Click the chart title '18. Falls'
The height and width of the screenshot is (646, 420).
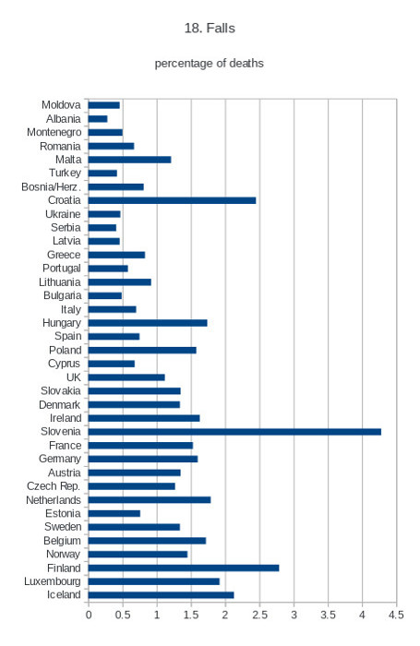(210, 28)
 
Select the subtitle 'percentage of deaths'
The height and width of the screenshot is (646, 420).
(209, 63)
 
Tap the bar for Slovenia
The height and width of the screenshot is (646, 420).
(234, 432)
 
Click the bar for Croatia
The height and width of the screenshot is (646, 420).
(172, 200)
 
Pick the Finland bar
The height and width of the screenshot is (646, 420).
(184, 568)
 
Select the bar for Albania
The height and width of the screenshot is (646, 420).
(98, 119)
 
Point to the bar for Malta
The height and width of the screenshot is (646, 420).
(129, 160)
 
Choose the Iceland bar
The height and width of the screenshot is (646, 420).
(162, 595)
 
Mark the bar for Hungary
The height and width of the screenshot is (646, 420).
(148, 323)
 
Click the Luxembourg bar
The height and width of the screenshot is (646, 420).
(154, 581)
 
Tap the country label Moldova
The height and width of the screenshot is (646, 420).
(61, 104)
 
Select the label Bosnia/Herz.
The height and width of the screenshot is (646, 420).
(51, 186)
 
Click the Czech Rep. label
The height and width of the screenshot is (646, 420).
(54, 486)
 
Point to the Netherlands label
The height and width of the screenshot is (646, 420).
(54, 500)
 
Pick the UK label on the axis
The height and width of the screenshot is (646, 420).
(74, 377)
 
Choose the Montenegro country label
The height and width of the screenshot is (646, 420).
(54, 132)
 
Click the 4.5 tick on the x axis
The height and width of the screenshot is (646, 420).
(396, 615)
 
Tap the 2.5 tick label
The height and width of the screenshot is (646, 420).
(259, 615)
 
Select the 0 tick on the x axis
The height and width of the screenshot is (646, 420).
(89, 615)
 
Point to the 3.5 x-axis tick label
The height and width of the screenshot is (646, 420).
(328, 615)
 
